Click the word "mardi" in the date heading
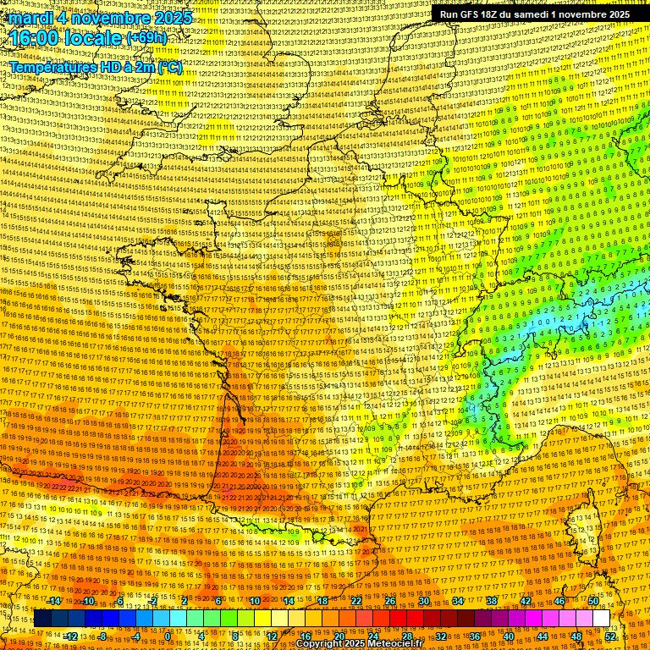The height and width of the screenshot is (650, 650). tap(31, 18)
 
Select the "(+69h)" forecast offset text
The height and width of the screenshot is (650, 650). tap(146, 38)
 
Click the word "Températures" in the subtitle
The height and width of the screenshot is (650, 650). tap(52, 66)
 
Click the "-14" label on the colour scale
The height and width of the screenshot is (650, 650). tap(54, 601)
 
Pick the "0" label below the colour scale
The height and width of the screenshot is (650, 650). tap(168, 636)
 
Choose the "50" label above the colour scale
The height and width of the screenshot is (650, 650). tap(593, 601)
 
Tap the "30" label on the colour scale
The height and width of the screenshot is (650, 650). tap(424, 601)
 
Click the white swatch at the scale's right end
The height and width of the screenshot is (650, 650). tap(602, 619)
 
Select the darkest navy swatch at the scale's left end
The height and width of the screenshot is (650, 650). tap(42, 619)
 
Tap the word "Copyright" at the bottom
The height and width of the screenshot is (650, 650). tap(322, 644)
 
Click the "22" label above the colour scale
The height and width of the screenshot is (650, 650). tap(356, 601)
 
